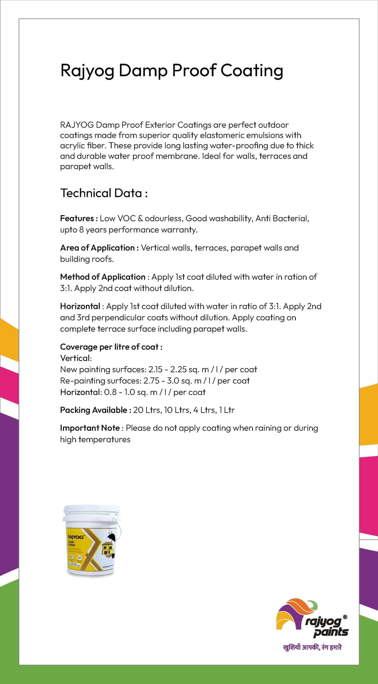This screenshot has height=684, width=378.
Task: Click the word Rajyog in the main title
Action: (87, 71)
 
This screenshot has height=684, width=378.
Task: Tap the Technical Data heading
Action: (104, 193)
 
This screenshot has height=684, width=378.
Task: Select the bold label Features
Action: (77, 219)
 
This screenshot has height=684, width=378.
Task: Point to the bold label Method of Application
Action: (103, 277)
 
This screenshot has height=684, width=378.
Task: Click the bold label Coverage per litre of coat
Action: (111, 347)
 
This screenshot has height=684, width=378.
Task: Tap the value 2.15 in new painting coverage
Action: (156, 370)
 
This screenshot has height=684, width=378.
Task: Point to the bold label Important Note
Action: (90, 428)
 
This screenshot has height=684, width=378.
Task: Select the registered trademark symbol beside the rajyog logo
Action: (345, 617)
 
